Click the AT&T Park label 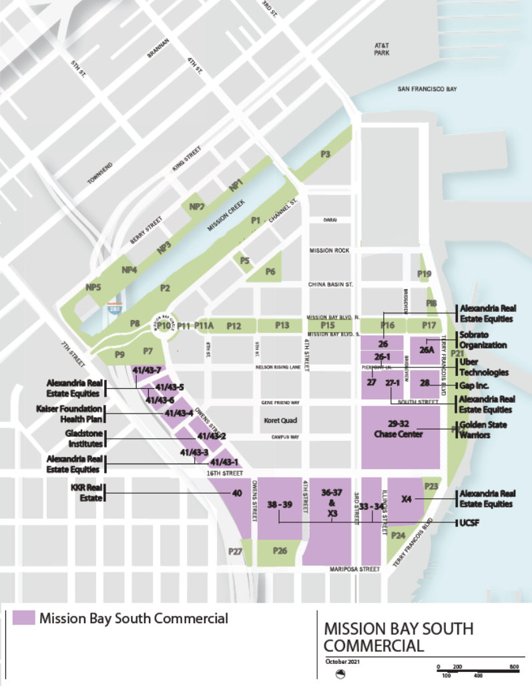coord(381,48)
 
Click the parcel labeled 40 coord(236,494)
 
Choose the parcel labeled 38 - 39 coord(280,506)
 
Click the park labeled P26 coord(280,551)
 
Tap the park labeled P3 coord(325,154)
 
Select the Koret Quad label coord(280,421)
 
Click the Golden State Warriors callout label coord(483,430)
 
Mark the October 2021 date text coord(343,661)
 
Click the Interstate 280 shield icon coord(114,309)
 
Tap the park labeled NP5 coord(93,287)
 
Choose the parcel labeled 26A coord(426,349)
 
